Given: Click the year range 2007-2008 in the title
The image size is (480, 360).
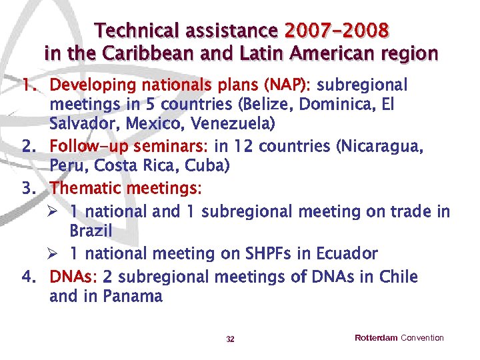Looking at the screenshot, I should (337, 31).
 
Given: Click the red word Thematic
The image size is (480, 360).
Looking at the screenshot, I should (89, 188).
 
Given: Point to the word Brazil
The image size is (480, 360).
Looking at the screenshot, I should (91, 231).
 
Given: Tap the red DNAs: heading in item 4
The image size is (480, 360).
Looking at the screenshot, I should (73, 276).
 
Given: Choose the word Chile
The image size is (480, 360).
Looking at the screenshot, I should (397, 276).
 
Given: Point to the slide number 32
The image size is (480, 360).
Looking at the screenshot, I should (230, 339).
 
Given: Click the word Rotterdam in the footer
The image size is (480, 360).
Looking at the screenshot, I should (376, 338).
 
